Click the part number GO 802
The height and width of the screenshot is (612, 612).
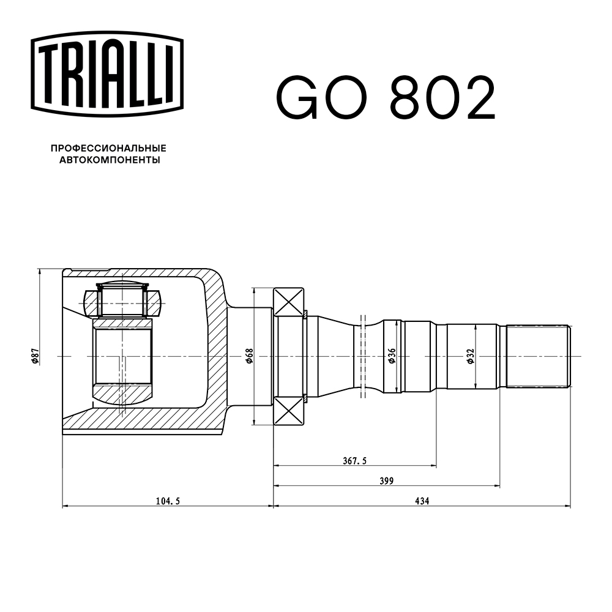[x=386, y=98]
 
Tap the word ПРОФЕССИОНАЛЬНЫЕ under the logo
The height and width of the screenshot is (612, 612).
[x=108, y=148]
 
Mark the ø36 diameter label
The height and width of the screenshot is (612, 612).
[x=392, y=356]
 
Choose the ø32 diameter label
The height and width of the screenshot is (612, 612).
[x=470, y=356]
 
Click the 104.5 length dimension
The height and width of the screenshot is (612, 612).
[x=168, y=500]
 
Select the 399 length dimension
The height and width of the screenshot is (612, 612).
[x=386, y=480]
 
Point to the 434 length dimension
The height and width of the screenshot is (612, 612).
[x=422, y=500]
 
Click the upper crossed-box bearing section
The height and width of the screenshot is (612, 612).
[x=289, y=302]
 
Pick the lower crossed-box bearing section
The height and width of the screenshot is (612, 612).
[x=289, y=410]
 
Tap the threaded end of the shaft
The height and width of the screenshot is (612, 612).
[x=539, y=356]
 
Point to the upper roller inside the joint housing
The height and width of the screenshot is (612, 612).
[x=122, y=300]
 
